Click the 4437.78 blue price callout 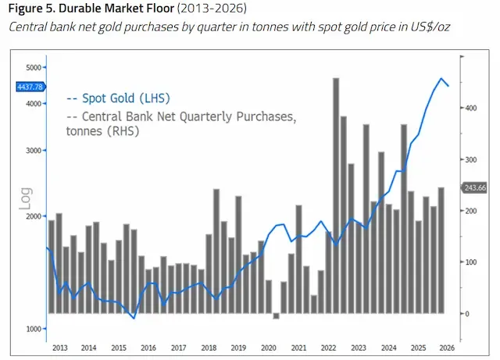pyautogui.click(x=31, y=87)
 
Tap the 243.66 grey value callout pyautogui.click(x=474, y=188)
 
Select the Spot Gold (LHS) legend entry pyautogui.click(x=118, y=98)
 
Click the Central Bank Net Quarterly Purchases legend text pyautogui.click(x=181, y=123)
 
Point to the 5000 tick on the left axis pyautogui.click(x=34, y=68)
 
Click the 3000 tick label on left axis pyautogui.click(x=34, y=151)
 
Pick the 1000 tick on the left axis pyautogui.click(x=34, y=329)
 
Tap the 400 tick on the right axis pyautogui.click(x=471, y=108)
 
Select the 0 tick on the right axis pyautogui.click(x=467, y=314)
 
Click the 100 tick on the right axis pyautogui.click(x=471, y=262)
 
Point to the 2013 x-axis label pyautogui.click(x=60, y=348)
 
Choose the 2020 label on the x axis pyautogui.click(x=269, y=348)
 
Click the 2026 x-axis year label pyautogui.click(x=447, y=348)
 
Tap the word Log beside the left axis pyautogui.click(x=26, y=198)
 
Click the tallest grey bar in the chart pyautogui.click(x=336, y=195)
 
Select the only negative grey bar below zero pyautogui.click(x=276, y=316)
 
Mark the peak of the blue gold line pyautogui.click(x=441, y=78)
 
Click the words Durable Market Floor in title pyautogui.click(x=116, y=9)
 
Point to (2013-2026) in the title pyautogui.click(x=212, y=9)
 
